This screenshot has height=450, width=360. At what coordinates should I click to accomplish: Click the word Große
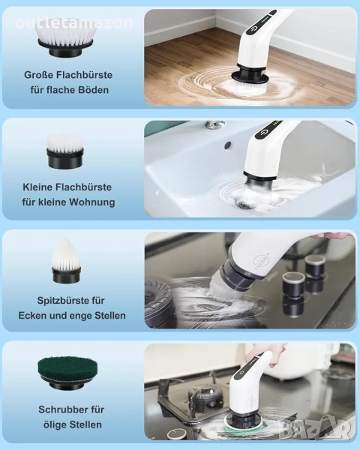pyautogui.click(x=38, y=75)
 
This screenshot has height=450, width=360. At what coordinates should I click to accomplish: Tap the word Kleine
pyautogui.click(x=37, y=187)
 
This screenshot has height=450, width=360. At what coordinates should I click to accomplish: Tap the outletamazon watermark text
pyautogui.click(x=75, y=23)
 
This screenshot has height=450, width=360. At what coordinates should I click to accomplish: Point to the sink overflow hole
pyautogui.click(x=229, y=144)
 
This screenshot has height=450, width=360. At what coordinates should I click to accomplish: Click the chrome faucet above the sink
pyautogui.click(x=214, y=124)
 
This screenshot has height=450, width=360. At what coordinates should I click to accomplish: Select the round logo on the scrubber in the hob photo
pyautogui.click(x=259, y=262)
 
